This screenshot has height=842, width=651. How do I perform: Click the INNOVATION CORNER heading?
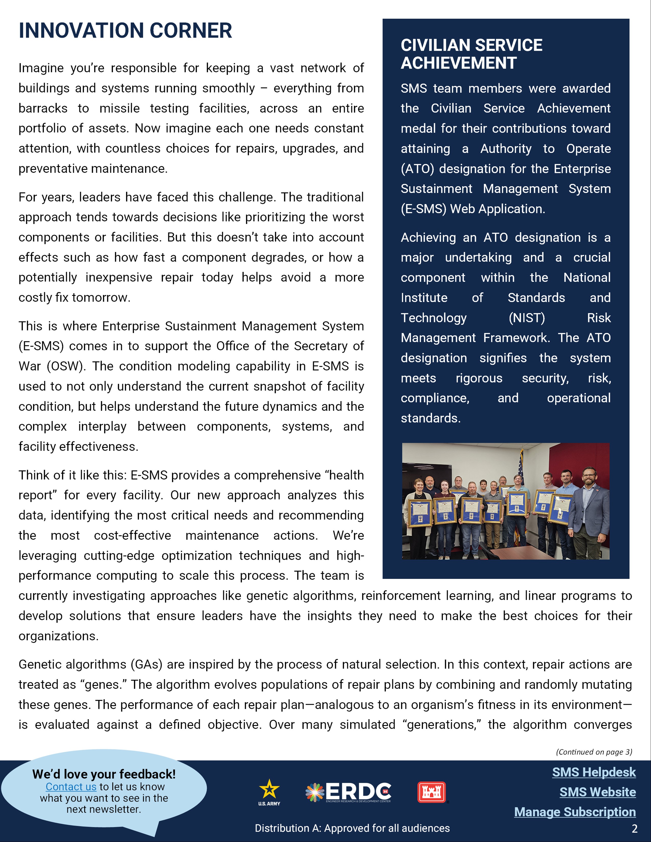(x=125, y=31)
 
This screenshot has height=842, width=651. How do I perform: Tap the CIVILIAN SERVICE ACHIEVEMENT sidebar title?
(x=471, y=54)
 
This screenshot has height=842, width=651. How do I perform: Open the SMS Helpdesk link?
(x=594, y=772)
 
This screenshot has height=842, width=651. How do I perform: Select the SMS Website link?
(x=597, y=792)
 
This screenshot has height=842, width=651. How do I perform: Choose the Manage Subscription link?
(x=575, y=812)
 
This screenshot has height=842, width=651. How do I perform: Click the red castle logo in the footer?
(x=431, y=792)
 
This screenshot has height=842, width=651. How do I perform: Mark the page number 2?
(x=634, y=828)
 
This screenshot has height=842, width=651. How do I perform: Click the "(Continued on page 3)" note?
(x=594, y=752)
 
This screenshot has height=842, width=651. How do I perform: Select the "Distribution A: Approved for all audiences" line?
(x=352, y=828)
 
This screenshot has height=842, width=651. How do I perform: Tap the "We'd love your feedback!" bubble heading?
(x=104, y=774)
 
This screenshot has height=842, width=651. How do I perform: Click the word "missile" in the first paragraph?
(x=119, y=108)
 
